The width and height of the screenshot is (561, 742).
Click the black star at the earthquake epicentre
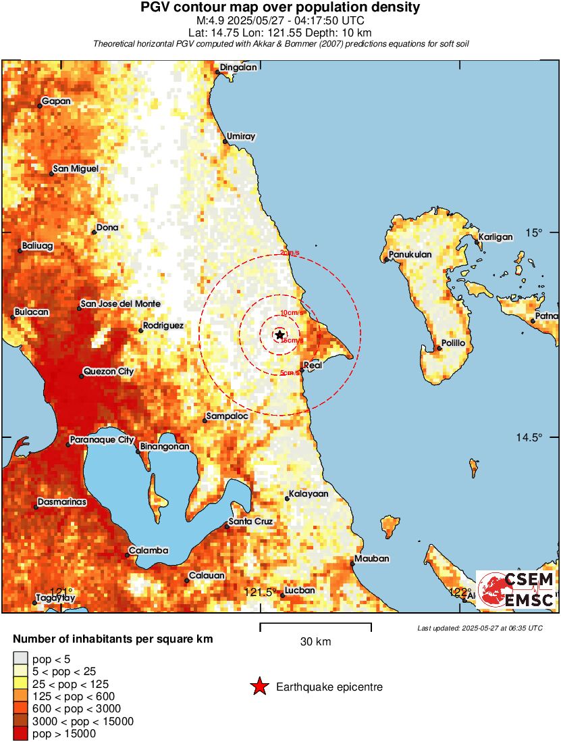(x=279, y=335)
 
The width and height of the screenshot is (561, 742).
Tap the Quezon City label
(x=108, y=372)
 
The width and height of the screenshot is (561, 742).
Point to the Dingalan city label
(x=238, y=68)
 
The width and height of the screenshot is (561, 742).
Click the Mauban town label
(x=372, y=559)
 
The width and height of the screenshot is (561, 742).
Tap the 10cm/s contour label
(x=290, y=312)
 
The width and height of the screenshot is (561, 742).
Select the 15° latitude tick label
(x=535, y=233)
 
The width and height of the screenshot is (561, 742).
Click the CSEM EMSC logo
(x=516, y=589)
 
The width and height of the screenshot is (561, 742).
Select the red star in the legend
(x=259, y=687)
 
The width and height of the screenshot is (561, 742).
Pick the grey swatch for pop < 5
(x=20, y=659)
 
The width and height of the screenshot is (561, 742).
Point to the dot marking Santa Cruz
(x=227, y=527)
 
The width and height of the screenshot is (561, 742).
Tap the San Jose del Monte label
(x=120, y=304)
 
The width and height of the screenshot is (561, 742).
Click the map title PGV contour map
(x=280, y=8)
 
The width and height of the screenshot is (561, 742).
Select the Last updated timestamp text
(x=480, y=628)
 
